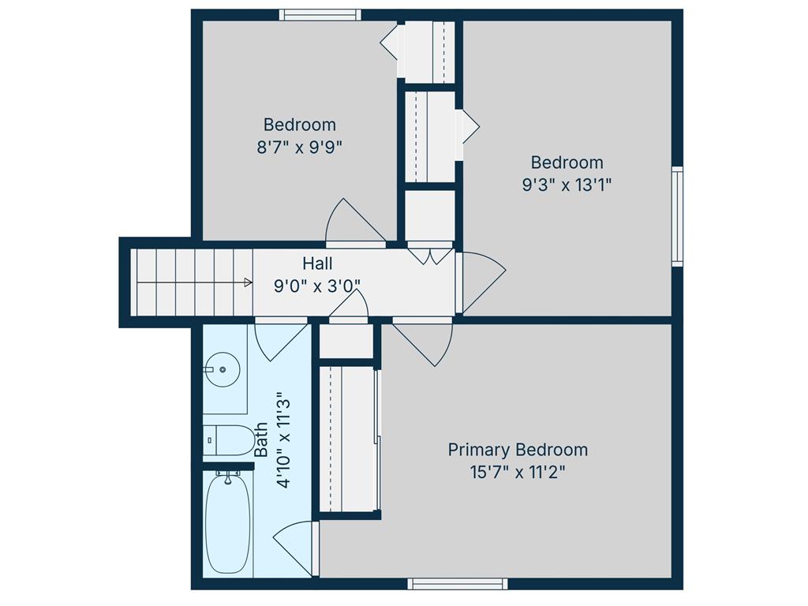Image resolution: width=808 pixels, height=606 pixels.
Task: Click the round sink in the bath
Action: click(223, 369)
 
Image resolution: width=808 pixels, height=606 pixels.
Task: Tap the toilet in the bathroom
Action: click(229, 440)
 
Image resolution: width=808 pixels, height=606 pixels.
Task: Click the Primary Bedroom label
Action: click(518, 450)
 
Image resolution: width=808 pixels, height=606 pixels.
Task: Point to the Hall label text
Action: click(317, 264)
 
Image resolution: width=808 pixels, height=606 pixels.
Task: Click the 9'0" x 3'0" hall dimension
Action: click(317, 286)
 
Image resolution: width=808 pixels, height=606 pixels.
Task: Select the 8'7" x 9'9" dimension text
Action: click(299, 148)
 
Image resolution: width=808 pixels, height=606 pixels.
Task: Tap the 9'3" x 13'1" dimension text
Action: click(567, 185)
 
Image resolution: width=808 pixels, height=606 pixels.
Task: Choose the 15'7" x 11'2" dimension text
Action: click(518, 472)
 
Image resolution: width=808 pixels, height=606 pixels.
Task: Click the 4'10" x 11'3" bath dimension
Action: click(284, 443)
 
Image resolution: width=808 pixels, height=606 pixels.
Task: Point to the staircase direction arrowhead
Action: click(249, 282)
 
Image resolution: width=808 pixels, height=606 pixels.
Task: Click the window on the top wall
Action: click(320, 15)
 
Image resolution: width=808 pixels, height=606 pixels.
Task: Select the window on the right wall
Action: click(678, 216)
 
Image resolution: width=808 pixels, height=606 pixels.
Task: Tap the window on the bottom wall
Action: click(458, 584)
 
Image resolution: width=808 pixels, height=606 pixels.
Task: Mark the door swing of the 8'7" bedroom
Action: click(356, 223)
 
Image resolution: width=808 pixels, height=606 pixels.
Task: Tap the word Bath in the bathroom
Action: click(261, 440)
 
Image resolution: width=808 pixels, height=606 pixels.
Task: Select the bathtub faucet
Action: click(227, 477)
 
